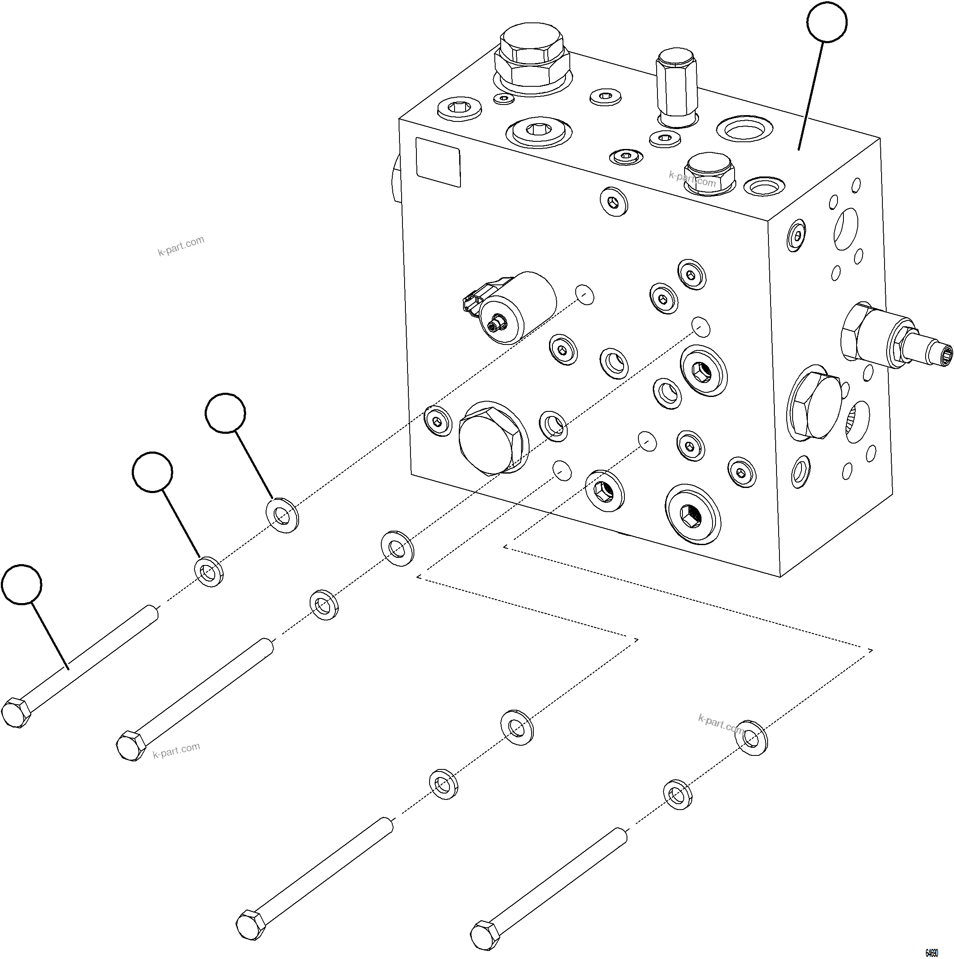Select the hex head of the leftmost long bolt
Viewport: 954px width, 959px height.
click(x=16, y=713)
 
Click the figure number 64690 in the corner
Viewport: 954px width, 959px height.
click(x=931, y=953)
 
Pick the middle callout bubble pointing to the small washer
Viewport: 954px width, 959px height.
click(x=153, y=471)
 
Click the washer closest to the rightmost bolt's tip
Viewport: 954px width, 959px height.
click(x=678, y=795)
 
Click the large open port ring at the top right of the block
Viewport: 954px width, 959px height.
click(x=744, y=130)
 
